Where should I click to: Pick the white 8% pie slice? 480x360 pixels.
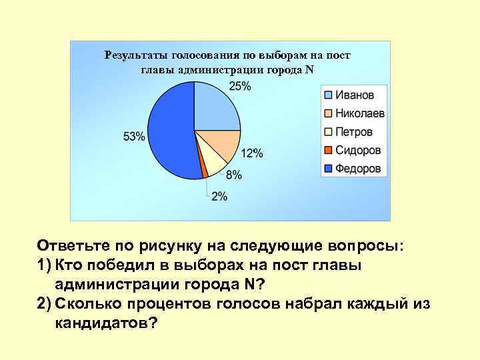213,161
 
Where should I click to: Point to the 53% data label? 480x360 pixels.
134,137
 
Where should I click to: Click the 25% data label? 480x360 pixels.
240,86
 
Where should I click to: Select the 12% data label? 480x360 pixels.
252,153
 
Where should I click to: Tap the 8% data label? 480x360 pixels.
234,175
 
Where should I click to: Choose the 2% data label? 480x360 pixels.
219,197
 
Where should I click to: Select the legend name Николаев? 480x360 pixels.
360,113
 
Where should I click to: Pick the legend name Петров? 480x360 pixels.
354,131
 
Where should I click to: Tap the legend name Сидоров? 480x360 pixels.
359,150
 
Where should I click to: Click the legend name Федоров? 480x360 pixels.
359,169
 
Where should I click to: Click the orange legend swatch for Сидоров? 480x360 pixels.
329,150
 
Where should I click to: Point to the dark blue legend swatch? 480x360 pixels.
329,169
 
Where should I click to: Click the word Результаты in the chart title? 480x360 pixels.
136,56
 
